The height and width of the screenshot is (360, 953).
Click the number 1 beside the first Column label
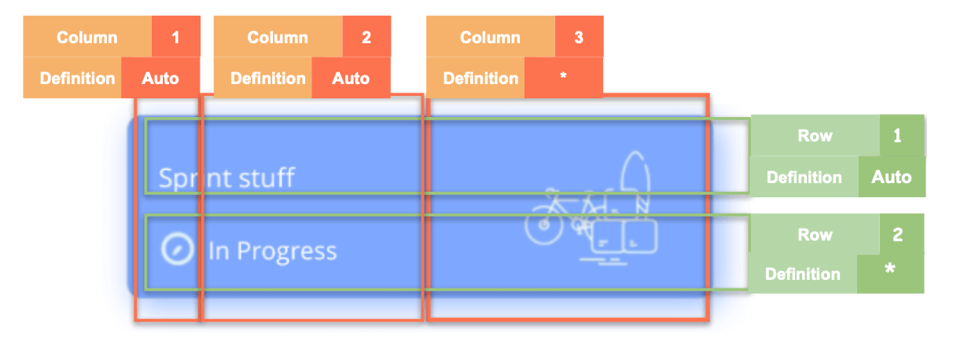175,38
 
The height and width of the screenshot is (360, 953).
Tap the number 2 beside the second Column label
366,38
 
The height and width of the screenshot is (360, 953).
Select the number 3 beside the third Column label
579,38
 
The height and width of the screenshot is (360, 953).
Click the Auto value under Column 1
160,79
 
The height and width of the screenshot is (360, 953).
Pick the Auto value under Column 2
351,79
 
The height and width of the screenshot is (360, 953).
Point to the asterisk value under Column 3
563,79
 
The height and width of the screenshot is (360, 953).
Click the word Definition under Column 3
480,79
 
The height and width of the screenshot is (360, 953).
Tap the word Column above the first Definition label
86,38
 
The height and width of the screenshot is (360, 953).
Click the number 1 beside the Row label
898,135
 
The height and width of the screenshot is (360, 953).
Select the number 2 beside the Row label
898,234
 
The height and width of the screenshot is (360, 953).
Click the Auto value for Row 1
892,177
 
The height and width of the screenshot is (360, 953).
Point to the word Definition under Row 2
802,274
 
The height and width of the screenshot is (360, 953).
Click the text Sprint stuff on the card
226,178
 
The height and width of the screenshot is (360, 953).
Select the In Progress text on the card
272,252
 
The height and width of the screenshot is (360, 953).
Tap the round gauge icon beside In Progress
177,250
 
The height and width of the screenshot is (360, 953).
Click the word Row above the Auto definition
815,135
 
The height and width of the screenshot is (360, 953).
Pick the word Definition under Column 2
268,79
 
